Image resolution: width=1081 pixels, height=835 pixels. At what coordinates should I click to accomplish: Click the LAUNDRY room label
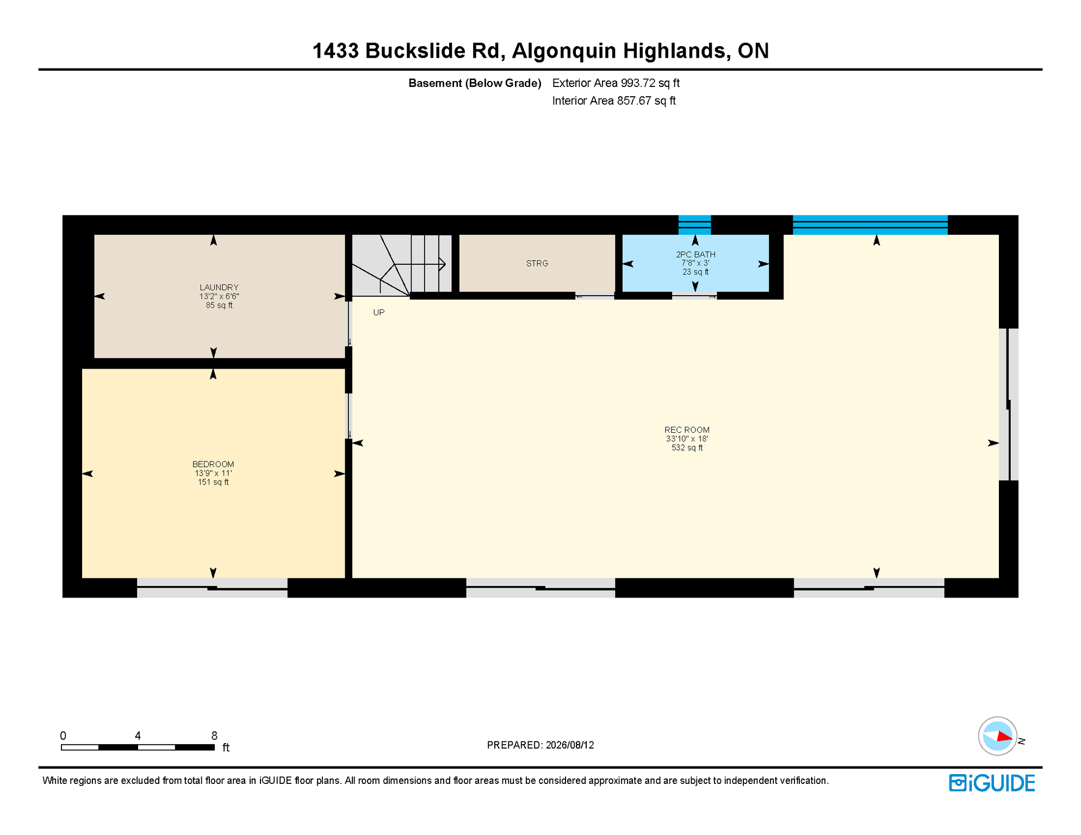pos(219,287)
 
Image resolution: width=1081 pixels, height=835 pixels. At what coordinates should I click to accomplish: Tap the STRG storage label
pos(537,263)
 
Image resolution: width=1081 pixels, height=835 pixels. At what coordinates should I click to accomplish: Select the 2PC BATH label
pos(695,254)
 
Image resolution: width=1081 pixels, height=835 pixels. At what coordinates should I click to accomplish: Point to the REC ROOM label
pos(687,429)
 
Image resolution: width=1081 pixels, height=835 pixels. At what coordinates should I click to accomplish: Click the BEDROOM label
pos(213,464)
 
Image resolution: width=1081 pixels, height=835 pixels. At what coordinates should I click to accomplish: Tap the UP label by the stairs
pos(378,313)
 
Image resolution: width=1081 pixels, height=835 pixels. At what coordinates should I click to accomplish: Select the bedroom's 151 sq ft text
pos(213,482)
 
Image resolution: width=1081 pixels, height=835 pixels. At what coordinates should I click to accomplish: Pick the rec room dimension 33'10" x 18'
pos(687,439)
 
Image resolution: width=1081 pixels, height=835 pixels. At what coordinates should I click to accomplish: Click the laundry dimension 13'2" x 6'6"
pos(219,296)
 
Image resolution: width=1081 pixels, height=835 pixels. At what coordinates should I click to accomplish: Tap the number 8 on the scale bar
pos(214,736)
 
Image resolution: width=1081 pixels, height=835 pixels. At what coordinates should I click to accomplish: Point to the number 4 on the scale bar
pos(138,736)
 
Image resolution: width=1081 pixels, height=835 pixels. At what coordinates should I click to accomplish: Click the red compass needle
pos(1004,737)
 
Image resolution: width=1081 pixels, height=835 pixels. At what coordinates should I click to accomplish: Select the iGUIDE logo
pos(992,783)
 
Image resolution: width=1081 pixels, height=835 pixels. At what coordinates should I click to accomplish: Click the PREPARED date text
pos(540,745)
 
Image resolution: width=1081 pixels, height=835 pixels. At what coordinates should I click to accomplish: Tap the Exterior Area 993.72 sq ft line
pos(616,83)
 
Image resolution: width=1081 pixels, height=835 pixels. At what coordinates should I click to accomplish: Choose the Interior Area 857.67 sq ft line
pos(614,101)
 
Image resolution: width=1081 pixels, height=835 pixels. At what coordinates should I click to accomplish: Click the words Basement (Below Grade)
pos(475,83)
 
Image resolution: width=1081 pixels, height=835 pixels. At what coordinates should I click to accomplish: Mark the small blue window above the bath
pos(694,225)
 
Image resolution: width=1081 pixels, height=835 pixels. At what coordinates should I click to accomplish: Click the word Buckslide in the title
pos(432,51)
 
